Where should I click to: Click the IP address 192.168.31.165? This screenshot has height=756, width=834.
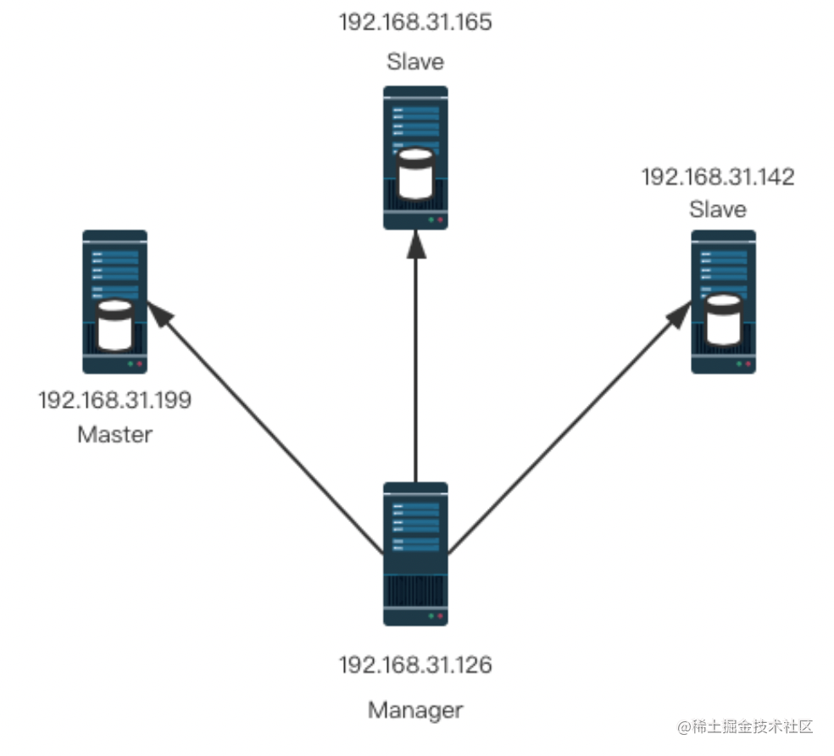415,21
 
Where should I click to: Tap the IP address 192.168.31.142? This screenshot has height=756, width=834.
718,177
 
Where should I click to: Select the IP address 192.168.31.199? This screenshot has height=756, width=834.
114,400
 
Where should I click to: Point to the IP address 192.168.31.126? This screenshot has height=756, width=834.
415,665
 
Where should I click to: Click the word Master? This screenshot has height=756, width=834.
114,435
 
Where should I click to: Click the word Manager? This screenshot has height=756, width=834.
415,709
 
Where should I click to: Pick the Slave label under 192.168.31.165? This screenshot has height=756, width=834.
415,62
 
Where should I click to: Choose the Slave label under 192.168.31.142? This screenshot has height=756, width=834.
718,208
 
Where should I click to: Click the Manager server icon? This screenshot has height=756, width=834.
415,553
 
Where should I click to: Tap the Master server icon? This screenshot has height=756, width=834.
114,302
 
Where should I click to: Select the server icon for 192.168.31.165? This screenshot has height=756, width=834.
415,158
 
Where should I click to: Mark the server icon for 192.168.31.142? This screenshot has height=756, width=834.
723,302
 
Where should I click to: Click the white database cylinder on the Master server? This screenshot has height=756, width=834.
115,325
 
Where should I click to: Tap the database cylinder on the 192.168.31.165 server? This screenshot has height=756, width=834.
416,174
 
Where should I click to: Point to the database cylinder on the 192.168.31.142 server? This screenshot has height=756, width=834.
723,319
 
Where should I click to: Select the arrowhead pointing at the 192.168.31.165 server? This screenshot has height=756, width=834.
415,243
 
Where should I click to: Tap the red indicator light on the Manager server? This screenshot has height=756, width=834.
440,616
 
